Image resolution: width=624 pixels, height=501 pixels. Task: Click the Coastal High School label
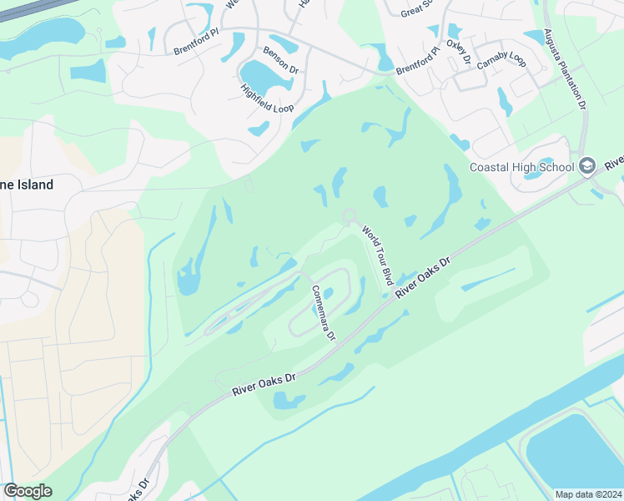(522, 166)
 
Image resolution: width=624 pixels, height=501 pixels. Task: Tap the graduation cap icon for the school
(587, 165)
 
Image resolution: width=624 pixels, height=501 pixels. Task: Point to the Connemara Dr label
(323, 312)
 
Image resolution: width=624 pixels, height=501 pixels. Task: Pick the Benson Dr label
(281, 61)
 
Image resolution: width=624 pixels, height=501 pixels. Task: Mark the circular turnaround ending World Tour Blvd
(349, 217)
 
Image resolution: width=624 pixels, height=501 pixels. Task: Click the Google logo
(28, 491)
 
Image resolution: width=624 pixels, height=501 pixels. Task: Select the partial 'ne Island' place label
(27, 185)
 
